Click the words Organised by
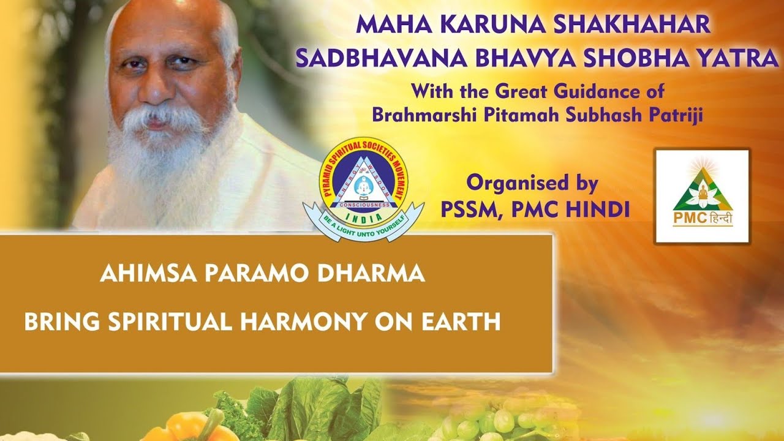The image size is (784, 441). click(532, 183)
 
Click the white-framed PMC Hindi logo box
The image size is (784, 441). click(702, 196)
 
